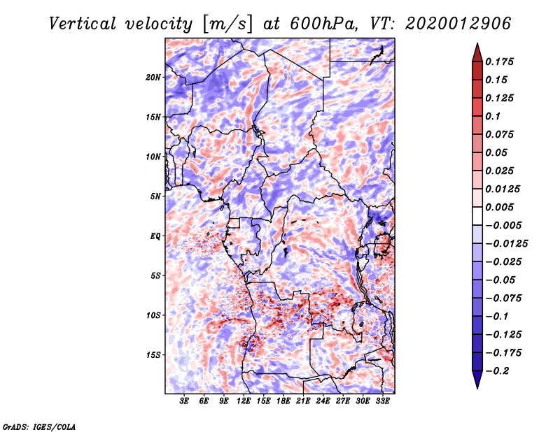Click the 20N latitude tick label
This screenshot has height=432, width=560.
[x=153, y=77]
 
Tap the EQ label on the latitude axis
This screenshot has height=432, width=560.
[x=155, y=236]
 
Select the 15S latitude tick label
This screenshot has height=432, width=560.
[x=153, y=355]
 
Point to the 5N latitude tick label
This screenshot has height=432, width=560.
[x=155, y=196]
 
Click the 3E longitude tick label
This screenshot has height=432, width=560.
[x=185, y=402]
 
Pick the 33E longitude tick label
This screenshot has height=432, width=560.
[x=382, y=402]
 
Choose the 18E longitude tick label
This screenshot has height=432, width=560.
[x=283, y=402]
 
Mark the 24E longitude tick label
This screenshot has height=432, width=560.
[x=323, y=402]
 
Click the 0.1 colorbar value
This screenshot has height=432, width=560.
[x=494, y=116]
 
